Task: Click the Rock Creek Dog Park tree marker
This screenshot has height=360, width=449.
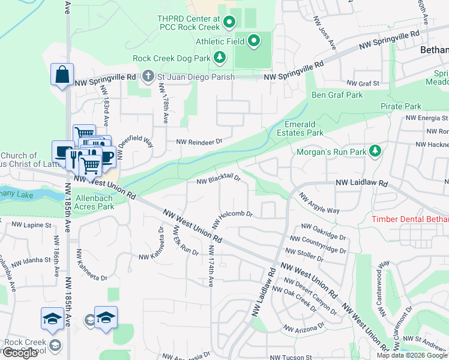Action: tap(220, 58)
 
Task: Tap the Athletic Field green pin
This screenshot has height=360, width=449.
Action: tap(254, 41)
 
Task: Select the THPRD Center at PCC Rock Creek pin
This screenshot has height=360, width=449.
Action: tap(229, 23)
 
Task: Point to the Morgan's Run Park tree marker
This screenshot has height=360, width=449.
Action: tap(375, 150)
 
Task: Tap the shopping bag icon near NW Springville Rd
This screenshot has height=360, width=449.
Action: tap(62, 75)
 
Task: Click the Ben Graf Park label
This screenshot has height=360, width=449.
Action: tap(337, 95)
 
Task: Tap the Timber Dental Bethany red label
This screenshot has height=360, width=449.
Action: tap(410, 220)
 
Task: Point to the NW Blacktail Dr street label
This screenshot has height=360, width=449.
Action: tap(218, 179)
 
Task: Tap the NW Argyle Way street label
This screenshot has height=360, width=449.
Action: tap(319, 203)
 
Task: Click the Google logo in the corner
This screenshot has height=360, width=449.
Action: tap(19, 353)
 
